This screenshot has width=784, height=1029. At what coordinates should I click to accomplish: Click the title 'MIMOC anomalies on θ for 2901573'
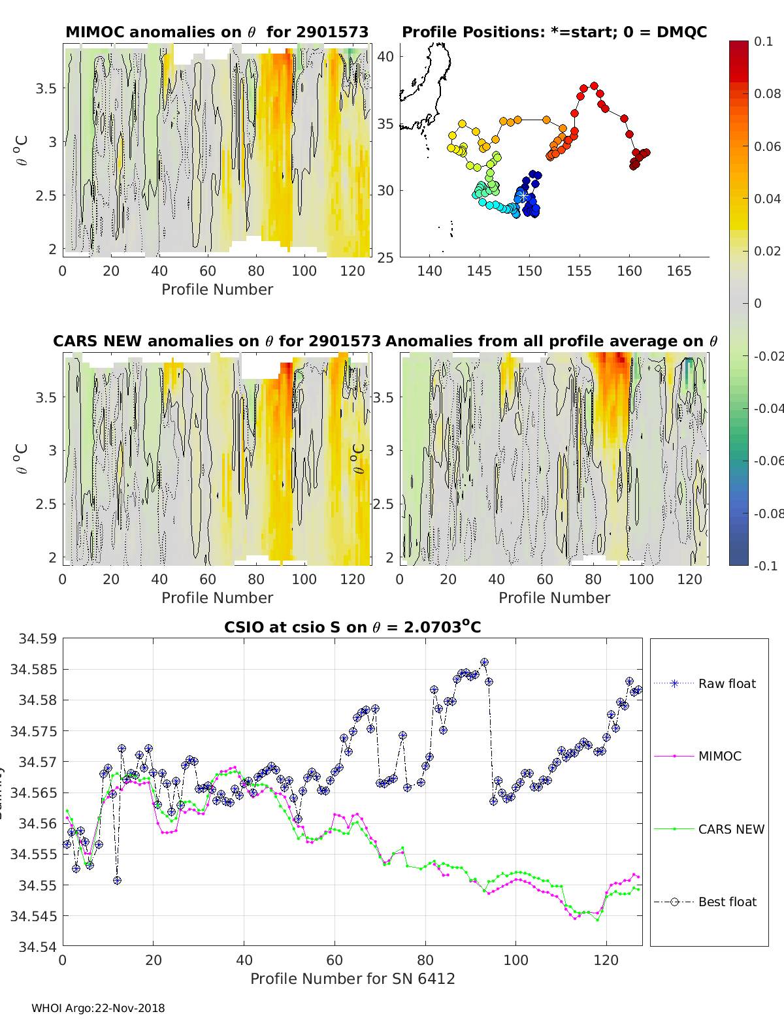pos(217,32)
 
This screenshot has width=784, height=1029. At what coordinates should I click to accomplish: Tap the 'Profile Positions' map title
pos(554,32)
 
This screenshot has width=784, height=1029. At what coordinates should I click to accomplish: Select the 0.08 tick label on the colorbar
pos(768,93)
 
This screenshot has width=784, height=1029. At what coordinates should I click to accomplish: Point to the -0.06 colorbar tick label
pos(768,461)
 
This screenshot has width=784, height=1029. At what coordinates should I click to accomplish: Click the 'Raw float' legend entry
pos(727,683)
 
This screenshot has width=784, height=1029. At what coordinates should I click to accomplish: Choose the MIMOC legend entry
pos(719,756)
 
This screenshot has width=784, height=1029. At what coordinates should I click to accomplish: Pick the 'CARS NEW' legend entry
pos(731,829)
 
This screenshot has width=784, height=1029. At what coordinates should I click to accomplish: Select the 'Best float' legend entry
pos(727,902)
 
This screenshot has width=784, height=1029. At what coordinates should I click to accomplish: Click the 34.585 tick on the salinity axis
pos(33,669)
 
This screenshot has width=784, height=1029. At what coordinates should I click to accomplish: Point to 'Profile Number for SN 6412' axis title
pos(352,979)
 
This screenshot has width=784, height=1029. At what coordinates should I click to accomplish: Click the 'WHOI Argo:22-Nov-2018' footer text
pos(98,1008)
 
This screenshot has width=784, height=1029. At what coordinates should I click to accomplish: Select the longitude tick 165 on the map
pos(679,271)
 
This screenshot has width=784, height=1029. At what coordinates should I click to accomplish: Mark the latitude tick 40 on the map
pos(386,56)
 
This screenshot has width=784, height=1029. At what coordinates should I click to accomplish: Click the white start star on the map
pos(524,196)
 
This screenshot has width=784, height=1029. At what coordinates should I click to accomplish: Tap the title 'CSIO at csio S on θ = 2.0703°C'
pos(352,627)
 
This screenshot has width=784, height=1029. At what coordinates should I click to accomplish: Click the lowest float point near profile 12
pos(117,880)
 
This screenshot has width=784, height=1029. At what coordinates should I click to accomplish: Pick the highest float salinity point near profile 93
pos(484,662)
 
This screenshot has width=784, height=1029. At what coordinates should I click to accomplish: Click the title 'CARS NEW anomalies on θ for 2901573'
pos(217,341)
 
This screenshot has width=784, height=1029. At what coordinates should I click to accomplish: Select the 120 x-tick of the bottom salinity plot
pos(606,960)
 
